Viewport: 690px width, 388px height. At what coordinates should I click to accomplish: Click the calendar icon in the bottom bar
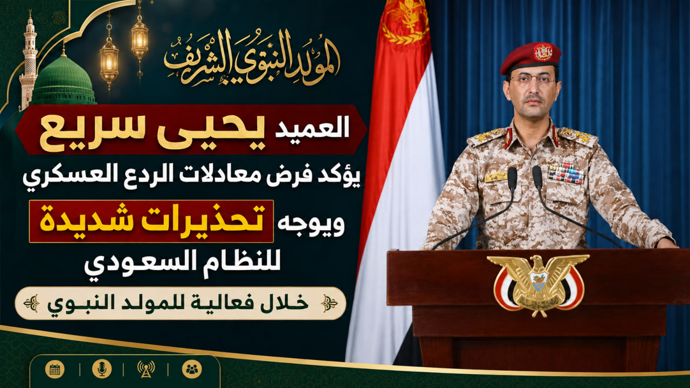point(55,369)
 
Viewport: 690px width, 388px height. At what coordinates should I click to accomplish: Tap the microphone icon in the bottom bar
point(102,369)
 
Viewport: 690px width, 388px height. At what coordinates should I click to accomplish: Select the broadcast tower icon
point(146,369)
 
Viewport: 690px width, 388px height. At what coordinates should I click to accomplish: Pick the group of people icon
point(192,369)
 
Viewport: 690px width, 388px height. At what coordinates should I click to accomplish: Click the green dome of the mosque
point(63,80)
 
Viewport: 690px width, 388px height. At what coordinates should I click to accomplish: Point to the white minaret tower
point(29,61)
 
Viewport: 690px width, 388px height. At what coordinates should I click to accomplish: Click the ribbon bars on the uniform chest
point(566,173)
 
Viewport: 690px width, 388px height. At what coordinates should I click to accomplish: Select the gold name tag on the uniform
point(496,177)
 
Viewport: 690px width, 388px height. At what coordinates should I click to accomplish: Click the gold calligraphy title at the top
point(252,57)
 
